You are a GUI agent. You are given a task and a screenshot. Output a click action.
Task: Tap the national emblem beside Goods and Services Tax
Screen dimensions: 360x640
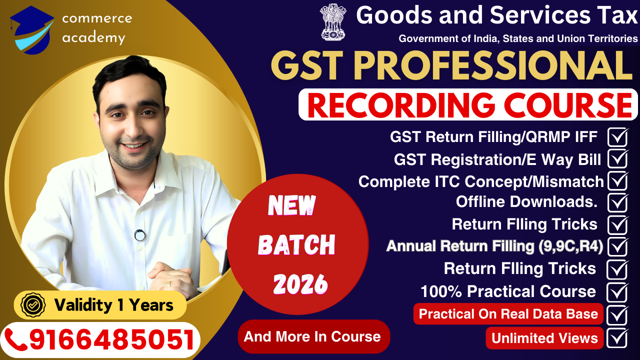point(333,22)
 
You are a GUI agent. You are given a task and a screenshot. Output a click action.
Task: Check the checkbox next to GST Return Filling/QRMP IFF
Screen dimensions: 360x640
point(618,136)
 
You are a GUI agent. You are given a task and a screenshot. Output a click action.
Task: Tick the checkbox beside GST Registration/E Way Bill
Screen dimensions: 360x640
point(618,159)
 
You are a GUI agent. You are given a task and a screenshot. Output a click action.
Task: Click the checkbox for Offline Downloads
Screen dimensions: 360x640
point(618,202)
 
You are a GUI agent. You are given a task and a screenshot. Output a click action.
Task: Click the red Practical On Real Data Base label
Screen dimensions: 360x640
point(508,314)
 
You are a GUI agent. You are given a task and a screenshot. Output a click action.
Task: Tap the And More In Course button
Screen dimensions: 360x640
point(312,336)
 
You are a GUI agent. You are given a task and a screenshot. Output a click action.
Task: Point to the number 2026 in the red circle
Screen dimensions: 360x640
point(300,284)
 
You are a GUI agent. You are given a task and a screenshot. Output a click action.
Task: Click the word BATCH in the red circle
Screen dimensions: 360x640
point(296,245)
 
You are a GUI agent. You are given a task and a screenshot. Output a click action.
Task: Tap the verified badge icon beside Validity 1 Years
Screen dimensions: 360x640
point(33,304)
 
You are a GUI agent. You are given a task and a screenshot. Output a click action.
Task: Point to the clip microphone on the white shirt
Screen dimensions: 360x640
point(140,234)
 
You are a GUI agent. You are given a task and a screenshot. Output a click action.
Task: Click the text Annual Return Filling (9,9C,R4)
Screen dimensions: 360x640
point(494,246)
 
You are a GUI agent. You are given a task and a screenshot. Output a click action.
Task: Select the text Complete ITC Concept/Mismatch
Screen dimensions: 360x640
point(481,181)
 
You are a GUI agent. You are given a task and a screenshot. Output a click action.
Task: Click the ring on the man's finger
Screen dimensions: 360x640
point(168,283)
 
